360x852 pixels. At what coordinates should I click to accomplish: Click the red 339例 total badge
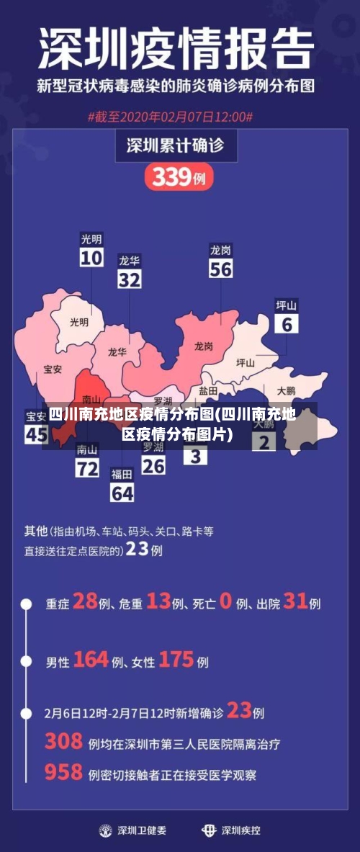[179, 176]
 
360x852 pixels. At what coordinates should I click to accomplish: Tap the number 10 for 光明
[91, 257]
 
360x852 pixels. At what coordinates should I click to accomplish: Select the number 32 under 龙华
[130, 279]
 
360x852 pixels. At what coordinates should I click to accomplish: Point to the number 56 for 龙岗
[221, 269]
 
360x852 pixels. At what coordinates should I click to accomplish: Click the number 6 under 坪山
[287, 324]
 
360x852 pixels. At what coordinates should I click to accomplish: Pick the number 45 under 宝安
[36, 434]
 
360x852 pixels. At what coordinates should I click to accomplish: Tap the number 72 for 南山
[87, 469]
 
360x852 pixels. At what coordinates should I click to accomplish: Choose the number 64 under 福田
[122, 493]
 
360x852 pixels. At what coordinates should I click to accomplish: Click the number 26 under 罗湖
[153, 466]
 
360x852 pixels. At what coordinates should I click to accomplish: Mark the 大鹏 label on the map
[286, 390]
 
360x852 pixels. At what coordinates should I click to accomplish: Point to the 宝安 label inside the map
[53, 369]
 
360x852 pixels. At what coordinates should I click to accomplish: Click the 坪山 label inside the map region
[246, 363]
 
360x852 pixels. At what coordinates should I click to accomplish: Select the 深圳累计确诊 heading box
[175, 145]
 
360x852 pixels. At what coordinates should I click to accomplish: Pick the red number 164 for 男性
[91, 659]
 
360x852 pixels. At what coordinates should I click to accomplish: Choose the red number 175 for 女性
[176, 659]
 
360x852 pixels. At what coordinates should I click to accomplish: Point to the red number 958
[63, 772]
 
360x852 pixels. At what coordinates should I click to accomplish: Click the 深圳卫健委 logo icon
[106, 830]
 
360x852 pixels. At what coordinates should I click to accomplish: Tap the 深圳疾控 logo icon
[209, 830]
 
